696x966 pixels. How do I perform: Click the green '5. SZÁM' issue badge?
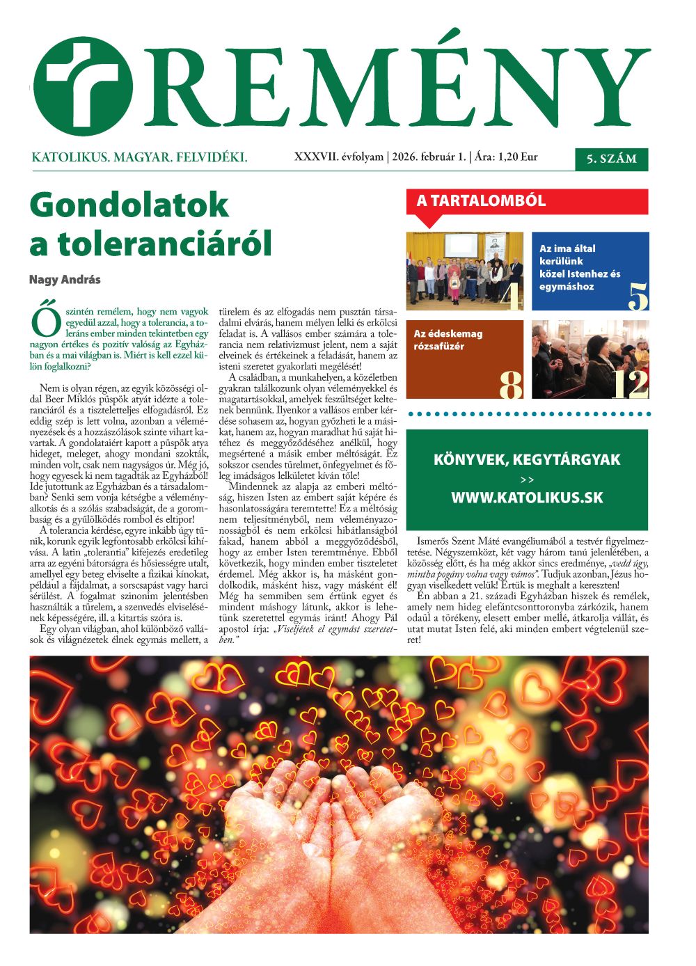[611, 159]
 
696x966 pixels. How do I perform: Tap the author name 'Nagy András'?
[65, 280]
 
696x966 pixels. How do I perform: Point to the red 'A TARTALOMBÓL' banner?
[481, 202]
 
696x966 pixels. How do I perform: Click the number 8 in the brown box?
[511, 385]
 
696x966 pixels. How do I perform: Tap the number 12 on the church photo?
[629, 385]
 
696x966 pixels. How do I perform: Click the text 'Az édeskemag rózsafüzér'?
[448, 340]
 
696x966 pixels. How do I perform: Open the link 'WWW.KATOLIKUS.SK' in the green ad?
[526, 498]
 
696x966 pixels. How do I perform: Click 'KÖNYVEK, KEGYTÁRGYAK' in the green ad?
[526, 460]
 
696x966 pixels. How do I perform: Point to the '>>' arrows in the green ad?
[526, 480]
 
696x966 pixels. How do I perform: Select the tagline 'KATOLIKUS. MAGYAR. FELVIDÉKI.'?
[139, 158]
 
